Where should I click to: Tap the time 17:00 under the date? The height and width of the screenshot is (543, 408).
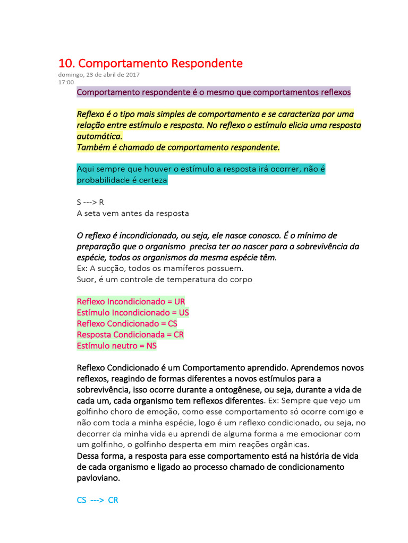pyautogui.click(x=66, y=82)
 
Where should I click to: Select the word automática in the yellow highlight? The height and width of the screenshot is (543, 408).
pyautogui.click(x=99, y=136)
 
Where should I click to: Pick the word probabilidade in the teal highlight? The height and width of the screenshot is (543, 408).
pyautogui.click(x=103, y=180)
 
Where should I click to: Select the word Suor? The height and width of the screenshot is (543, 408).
pyautogui.click(x=86, y=279)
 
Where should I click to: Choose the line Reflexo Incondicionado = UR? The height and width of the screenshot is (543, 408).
pyautogui.click(x=131, y=301)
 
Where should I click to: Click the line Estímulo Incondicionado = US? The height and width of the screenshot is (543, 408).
pyautogui.click(x=133, y=312)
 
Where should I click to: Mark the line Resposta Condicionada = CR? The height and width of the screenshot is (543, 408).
pyautogui.click(x=130, y=335)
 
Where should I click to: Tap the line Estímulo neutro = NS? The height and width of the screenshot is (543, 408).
pyautogui.click(x=116, y=346)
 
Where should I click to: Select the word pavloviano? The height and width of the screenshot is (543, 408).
pyautogui.click(x=98, y=478)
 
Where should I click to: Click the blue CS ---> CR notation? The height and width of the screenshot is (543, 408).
pyautogui.click(x=97, y=500)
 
